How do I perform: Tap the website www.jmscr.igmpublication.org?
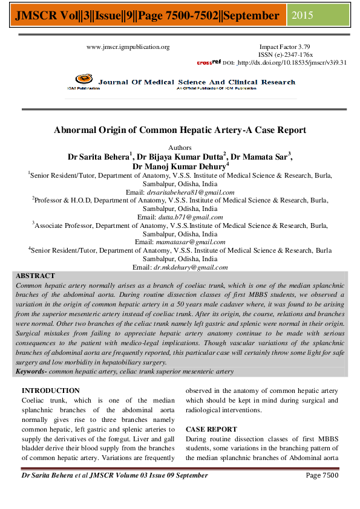pyautogui.click(x=128, y=47)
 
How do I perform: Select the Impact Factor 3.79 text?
pyautogui.click(x=285, y=47)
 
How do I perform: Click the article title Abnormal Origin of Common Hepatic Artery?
pyautogui.click(x=180, y=130)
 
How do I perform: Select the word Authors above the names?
pyautogui.click(x=180, y=147)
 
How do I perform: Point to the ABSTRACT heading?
pyautogui.click(x=35, y=276)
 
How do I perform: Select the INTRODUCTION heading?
pyautogui.click(x=50, y=391)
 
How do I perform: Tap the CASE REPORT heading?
pyautogui.click(x=211, y=429)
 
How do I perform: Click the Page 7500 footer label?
pyautogui.click(x=322, y=475)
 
